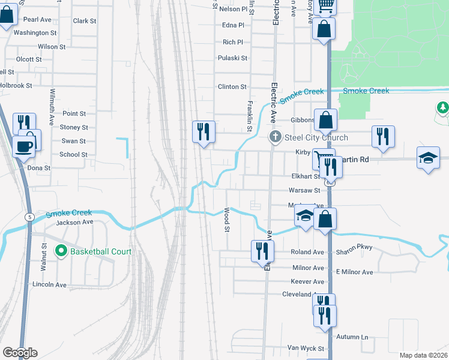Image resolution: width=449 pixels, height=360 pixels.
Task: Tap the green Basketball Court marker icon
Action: pos(60,251)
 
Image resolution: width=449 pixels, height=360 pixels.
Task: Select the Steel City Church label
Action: pos(316,137)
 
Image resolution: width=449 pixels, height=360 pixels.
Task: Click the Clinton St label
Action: pos(232,87)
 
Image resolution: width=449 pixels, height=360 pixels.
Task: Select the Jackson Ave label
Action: pos(74,222)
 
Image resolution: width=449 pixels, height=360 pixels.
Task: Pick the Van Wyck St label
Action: pos(306,348)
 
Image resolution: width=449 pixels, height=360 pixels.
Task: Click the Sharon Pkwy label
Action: pos(356,247)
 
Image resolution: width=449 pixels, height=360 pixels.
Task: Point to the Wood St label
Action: pos(227,220)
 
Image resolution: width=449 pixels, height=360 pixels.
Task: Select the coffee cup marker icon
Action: pos(24,145)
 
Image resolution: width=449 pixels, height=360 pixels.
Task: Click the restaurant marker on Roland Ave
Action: pos(262,250)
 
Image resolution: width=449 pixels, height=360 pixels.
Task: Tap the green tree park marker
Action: pos(442,107)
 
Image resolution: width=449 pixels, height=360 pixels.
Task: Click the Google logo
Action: pos(19,353)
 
